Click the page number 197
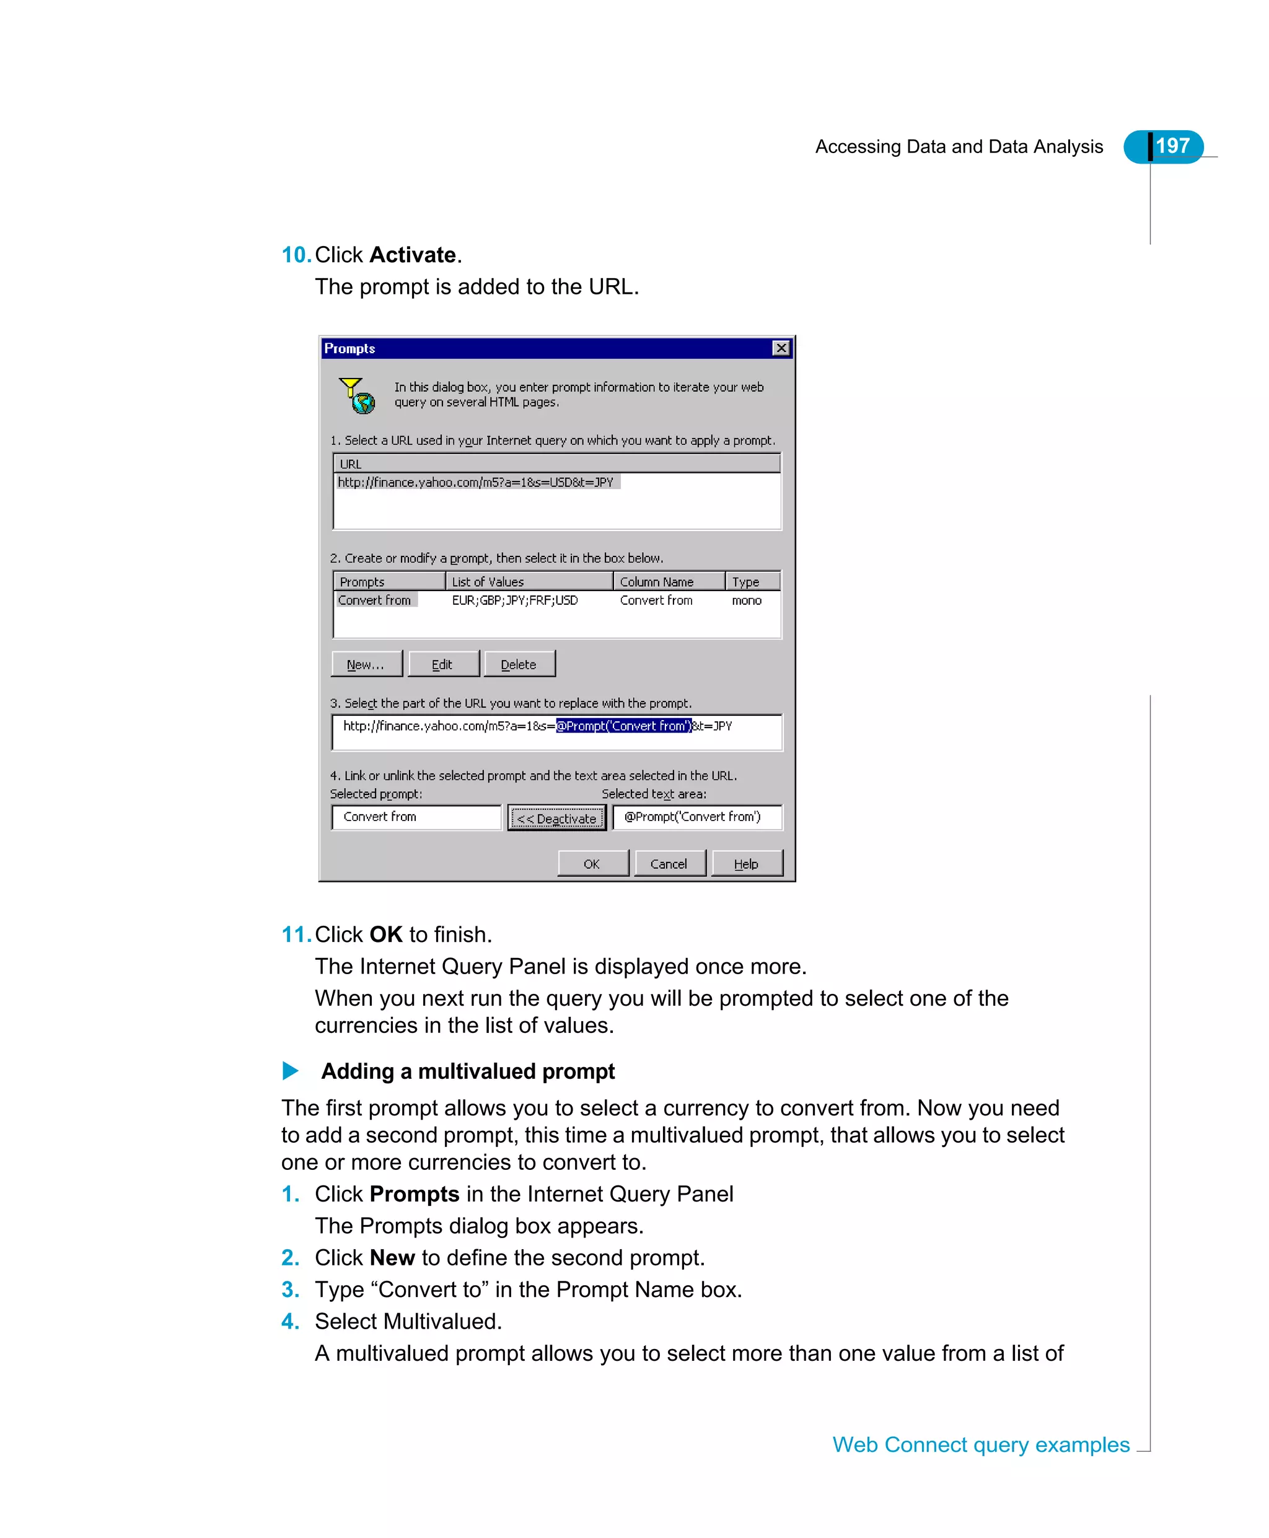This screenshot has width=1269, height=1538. point(1172,146)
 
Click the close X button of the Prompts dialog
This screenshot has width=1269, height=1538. point(781,348)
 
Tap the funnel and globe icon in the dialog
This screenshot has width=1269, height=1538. point(358,395)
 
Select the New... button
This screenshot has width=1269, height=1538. point(366,664)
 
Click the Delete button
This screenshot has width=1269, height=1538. point(519,664)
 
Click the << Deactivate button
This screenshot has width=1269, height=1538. point(557,818)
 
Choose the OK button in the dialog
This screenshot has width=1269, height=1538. point(592,863)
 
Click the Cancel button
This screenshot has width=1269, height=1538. point(669,863)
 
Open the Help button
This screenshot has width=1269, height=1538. point(746,863)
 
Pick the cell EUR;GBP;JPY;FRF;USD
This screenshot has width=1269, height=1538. point(515,600)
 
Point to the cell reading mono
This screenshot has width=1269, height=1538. point(746,600)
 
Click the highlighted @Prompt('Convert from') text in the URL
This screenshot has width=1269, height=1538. point(623,726)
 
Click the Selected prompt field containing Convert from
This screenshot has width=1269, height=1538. point(415,817)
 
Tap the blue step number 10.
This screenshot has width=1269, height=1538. point(296,255)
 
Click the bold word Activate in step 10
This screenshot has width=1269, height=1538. point(412,255)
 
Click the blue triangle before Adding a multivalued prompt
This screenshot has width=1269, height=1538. point(290,1071)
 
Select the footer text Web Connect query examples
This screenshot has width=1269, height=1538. point(981,1444)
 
